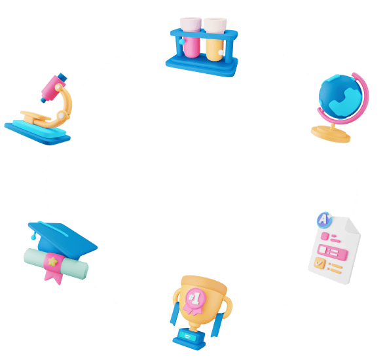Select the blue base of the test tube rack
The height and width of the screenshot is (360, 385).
point(202,65)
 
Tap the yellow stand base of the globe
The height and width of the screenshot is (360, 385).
point(331,134)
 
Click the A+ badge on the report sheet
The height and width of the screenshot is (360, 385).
point(324,220)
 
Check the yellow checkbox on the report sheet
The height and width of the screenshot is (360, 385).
point(320,263)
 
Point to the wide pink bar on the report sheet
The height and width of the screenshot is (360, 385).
point(333,252)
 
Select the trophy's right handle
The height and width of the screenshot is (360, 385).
point(227,307)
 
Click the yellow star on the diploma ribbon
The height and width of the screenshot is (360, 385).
point(52,261)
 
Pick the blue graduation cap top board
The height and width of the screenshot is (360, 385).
point(63,237)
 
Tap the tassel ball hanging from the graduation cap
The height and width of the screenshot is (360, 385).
point(33,238)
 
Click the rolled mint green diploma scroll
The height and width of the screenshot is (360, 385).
point(56,264)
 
